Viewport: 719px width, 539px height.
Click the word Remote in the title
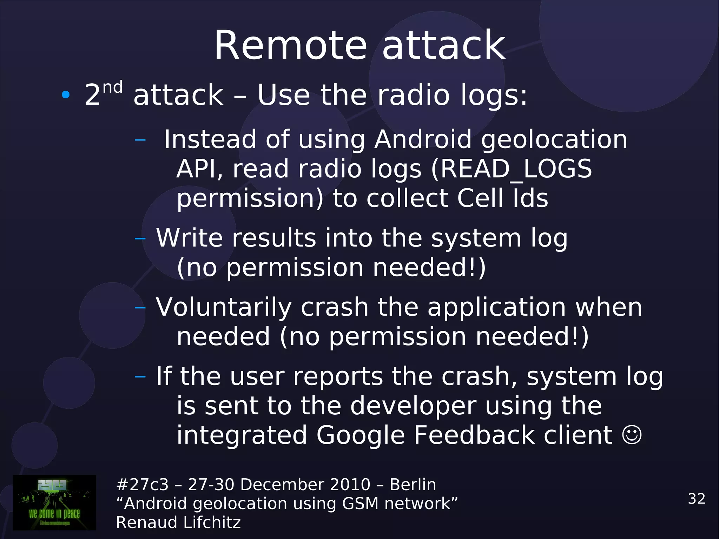tap(291, 46)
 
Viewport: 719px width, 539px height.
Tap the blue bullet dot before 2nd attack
tap(66, 94)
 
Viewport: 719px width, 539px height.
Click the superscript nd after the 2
tap(112, 87)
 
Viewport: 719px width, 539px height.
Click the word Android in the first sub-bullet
tap(423, 139)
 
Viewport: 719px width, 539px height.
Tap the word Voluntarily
tap(224, 307)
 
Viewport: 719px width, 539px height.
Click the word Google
tap(361, 435)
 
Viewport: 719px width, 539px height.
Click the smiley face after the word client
tap(632, 435)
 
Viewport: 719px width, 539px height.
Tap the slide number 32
tap(697, 499)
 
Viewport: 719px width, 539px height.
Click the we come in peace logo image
tap(54, 502)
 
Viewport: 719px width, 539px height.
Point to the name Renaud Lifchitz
tap(178, 522)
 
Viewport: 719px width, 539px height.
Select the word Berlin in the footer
tap(413, 485)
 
